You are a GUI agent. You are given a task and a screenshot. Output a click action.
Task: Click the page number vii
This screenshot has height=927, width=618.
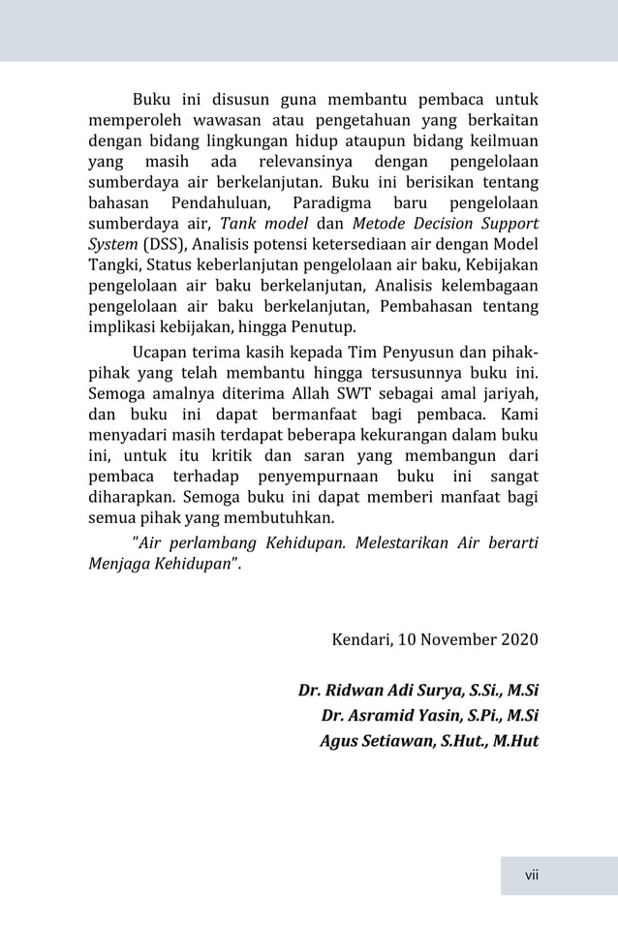click(x=531, y=876)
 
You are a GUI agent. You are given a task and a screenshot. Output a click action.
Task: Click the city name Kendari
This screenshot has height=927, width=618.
click(x=362, y=640)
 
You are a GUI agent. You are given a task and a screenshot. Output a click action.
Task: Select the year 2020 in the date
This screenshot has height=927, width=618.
click(x=519, y=640)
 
